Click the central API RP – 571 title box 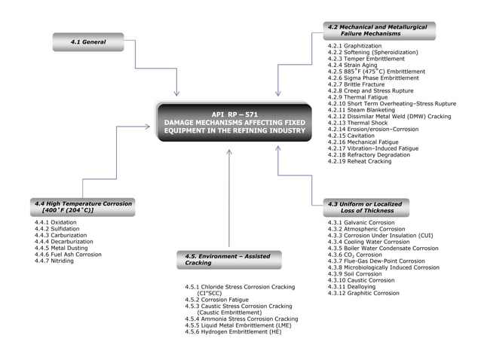click(234, 123)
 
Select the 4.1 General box click(88, 41)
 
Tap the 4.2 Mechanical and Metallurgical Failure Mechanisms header click(379, 31)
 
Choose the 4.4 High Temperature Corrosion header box click(83, 207)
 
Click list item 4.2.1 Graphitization click(354, 45)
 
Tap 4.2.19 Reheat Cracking click(360, 161)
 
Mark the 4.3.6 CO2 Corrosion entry click(355, 255)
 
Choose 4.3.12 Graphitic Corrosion click(363, 293)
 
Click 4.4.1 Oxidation click(56, 223)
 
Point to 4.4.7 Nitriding click(54, 261)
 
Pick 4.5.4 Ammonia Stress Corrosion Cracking click(241, 319)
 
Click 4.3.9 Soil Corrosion click(354, 274)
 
